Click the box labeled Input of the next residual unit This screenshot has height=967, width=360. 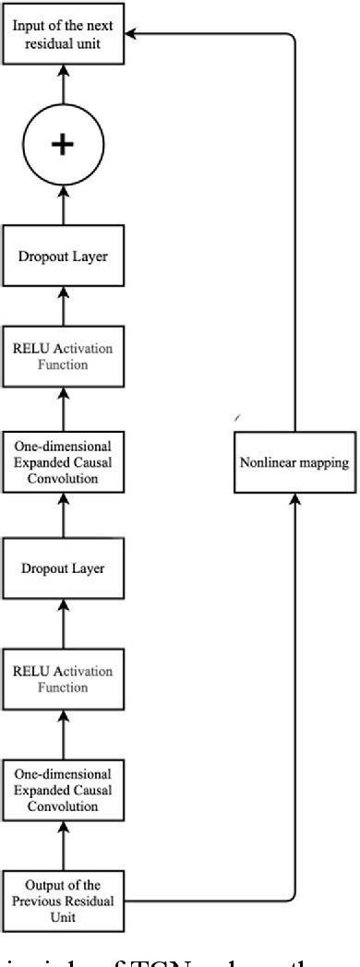(x=63, y=34)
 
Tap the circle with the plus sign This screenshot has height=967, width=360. (x=63, y=145)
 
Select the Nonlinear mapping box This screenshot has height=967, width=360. (x=294, y=462)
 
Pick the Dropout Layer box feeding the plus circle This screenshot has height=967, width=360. (x=63, y=256)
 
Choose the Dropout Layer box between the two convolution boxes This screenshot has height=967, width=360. (x=63, y=568)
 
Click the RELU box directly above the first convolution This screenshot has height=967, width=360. (x=63, y=679)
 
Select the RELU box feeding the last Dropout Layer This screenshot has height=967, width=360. (x=63, y=356)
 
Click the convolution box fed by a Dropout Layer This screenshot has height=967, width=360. (x=63, y=462)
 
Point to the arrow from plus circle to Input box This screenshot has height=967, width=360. (x=63, y=90)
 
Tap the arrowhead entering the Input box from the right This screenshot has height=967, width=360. (x=132, y=34)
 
